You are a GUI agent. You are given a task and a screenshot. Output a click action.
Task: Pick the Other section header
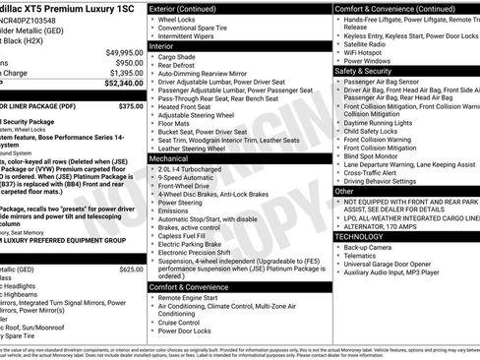pyautogui.click(x=346, y=191)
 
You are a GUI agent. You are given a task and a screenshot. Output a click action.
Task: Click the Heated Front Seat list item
pyautogui.click(x=192, y=106)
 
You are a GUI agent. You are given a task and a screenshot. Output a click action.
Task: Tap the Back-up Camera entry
pyautogui.click(x=372, y=247)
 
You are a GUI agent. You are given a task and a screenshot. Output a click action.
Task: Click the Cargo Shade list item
pyautogui.click(x=181, y=57)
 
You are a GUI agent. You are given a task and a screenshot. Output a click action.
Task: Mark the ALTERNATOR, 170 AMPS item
pyautogui.click(x=386, y=226)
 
